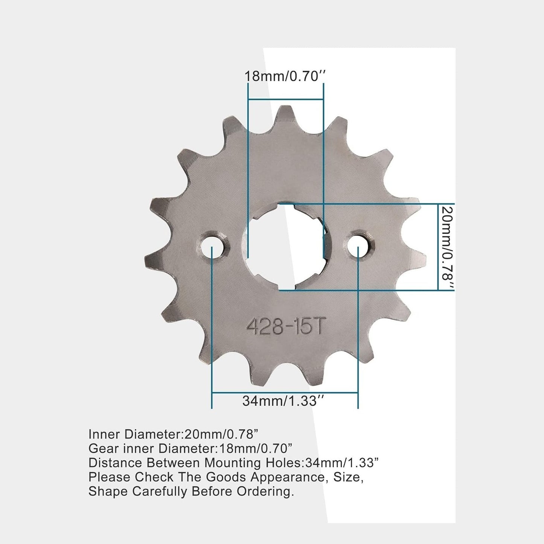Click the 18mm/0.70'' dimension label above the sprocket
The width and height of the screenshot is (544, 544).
(285, 76)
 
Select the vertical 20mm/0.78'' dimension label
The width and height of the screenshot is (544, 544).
(447, 248)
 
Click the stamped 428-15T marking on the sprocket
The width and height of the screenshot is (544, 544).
(285, 327)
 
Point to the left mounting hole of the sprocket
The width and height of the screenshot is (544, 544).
(212, 247)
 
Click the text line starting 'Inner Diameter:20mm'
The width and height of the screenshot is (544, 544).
(173, 434)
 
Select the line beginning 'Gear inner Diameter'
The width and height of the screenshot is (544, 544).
(190, 448)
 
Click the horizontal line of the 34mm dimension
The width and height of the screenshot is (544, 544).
(285, 392)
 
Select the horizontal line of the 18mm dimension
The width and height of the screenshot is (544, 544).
(285, 99)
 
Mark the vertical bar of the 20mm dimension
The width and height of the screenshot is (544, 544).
(438, 247)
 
